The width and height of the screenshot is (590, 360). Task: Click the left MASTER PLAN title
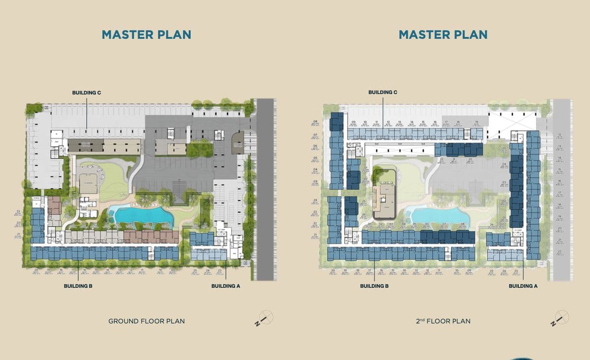(x=146, y=34)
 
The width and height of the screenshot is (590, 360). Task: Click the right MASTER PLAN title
(x=443, y=34)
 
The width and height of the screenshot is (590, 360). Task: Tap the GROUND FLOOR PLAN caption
(x=147, y=321)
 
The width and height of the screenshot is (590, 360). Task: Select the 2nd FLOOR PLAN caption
(x=443, y=321)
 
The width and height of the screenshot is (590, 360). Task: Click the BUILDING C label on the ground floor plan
(x=87, y=92)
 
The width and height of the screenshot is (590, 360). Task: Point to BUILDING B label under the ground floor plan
(x=78, y=286)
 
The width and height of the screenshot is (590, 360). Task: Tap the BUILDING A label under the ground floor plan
(x=225, y=286)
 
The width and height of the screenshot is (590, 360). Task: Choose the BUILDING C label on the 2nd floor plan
(x=383, y=92)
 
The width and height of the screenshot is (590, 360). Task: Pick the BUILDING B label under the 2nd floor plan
(x=374, y=286)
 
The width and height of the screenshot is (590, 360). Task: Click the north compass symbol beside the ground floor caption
(x=264, y=318)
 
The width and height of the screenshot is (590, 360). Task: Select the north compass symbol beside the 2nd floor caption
(x=561, y=318)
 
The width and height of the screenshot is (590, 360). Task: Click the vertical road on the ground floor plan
(x=266, y=187)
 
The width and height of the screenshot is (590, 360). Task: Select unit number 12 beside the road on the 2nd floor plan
(x=560, y=135)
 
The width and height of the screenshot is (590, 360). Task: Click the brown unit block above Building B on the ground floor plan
(x=150, y=237)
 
